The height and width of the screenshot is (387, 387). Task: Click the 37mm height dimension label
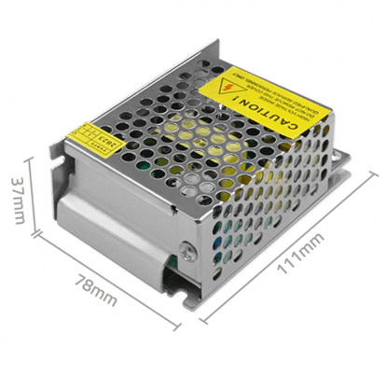[x=16, y=200]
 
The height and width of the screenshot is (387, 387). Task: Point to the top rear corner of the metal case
[x=224, y=44]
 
